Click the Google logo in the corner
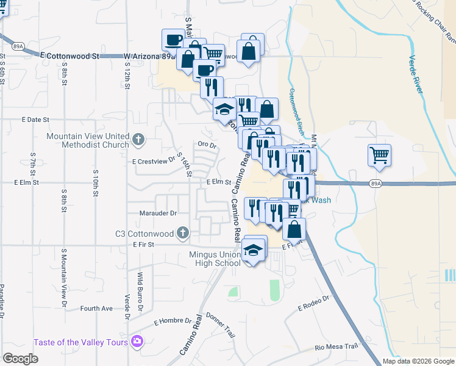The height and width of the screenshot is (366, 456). [x=20, y=359]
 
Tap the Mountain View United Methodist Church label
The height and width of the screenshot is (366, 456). [x=88, y=140]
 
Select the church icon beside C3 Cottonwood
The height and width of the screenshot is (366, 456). [x=182, y=232]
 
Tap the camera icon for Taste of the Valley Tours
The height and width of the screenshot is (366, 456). [x=137, y=342]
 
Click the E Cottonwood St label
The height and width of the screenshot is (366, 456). [x=69, y=56]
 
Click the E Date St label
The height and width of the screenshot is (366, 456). [x=34, y=120]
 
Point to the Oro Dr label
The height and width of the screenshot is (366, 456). [x=207, y=145]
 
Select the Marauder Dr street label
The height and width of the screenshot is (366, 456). [x=156, y=213]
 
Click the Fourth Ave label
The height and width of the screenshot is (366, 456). [x=96, y=309]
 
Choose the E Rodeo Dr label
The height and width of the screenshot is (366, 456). [x=313, y=304]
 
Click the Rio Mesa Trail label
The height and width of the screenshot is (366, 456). [x=336, y=347]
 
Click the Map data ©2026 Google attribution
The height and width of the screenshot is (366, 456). [x=418, y=361]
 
